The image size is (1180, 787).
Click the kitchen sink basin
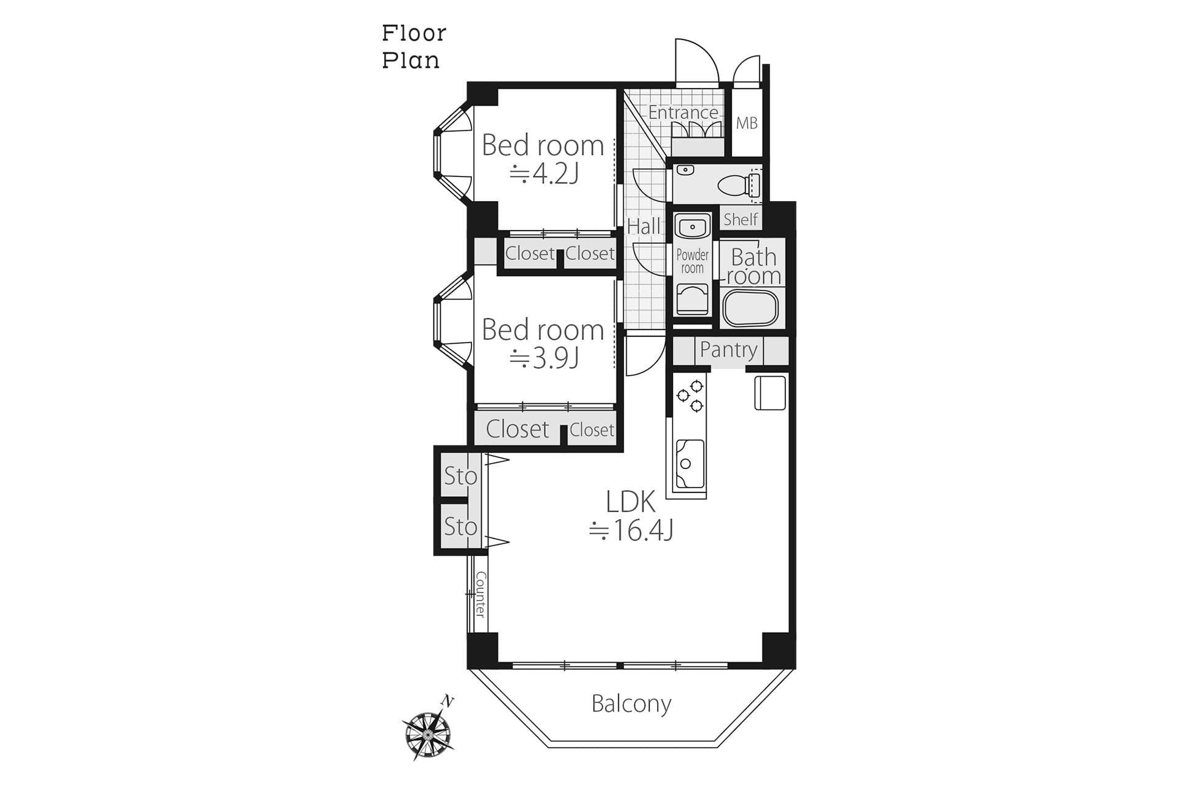690,464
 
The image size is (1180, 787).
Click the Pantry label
728,350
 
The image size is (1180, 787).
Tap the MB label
747,124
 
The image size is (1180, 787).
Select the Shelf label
741,219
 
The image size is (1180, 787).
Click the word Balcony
631,704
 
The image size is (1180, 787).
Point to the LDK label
631,502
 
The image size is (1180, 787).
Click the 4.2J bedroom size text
545,174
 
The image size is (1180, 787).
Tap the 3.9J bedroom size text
545,358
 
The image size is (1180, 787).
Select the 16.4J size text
631,530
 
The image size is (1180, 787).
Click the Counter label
481,595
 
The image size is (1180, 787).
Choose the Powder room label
693,261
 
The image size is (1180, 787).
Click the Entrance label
683,113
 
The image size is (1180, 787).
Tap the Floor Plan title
414,47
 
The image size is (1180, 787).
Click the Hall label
643,227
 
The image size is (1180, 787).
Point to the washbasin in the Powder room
693,226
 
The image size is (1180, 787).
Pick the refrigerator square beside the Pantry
770,393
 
